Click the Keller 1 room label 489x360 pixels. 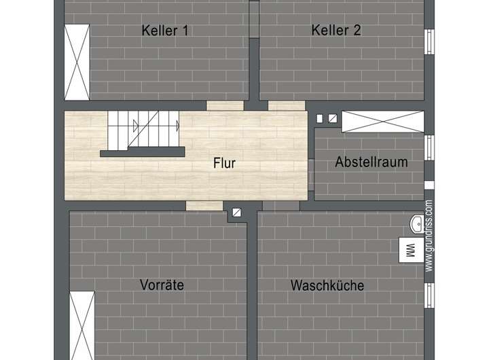pyautogui.click(x=165, y=31)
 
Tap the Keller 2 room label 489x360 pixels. pyautogui.click(x=336, y=31)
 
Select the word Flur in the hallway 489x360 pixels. pyautogui.click(x=224, y=163)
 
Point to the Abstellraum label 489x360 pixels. pyautogui.click(x=371, y=162)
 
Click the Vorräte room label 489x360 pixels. pyautogui.click(x=162, y=285)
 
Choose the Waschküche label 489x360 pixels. pyautogui.click(x=327, y=285)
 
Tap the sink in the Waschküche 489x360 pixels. pyautogui.click(x=416, y=225)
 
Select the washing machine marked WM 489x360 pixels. pyautogui.click(x=409, y=251)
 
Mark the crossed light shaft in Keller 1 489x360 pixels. pyautogui.click(x=77, y=62)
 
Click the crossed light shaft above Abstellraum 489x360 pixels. pyautogui.click(x=382, y=122)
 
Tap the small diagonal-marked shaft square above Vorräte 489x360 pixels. pyautogui.click(x=236, y=213)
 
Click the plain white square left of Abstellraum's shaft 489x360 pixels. pyautogui.click(x=320, y=118)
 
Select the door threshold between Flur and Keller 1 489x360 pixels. pyautogui.click(x=225, y=106)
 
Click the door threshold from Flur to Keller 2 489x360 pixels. pyautogui.click(x=286, y=106)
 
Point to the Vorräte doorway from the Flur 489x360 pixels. pyautogui.click(x=204, y=205)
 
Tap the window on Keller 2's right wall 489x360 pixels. pyautogui.click(x=429, y=41)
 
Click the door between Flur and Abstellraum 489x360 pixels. pyautogui.click(x=311, y=174)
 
